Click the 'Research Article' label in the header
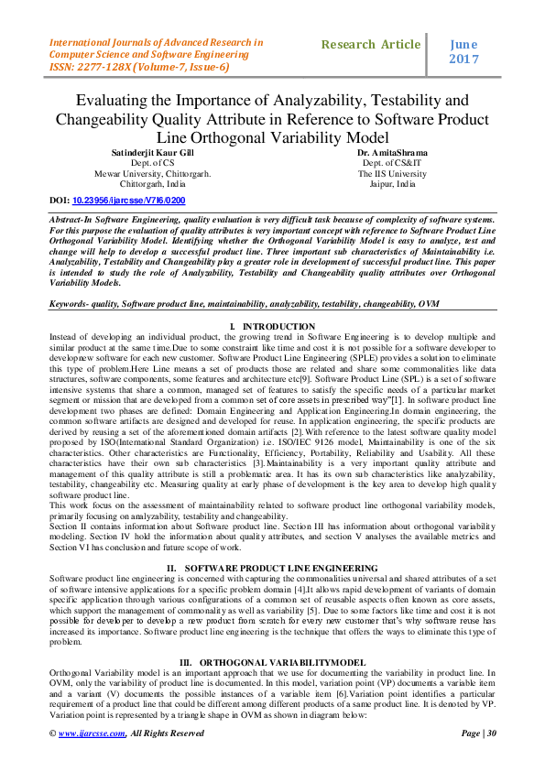point(371,45)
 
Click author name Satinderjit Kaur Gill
point(154,152)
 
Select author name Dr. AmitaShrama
point(392,152)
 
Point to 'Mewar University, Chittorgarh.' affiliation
point(154,173)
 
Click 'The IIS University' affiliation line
point(392,173)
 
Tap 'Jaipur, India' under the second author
point(392,183)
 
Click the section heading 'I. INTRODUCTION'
point(272,327)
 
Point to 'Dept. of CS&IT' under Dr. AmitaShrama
point(392,162)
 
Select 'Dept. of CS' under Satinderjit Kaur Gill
point(154,162)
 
